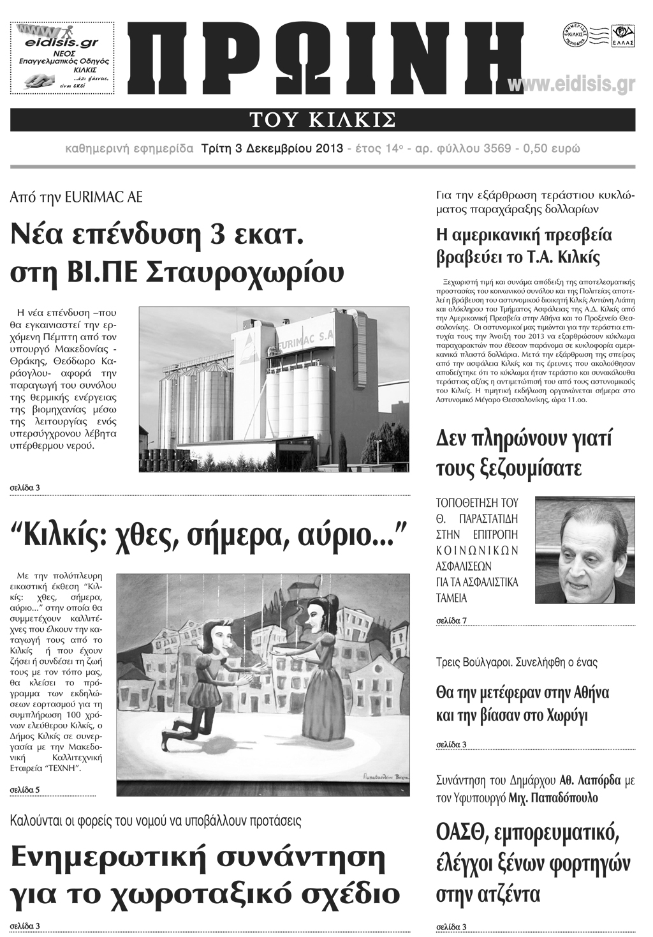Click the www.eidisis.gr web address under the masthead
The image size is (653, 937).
(571, 85)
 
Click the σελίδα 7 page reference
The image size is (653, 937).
(451, 620)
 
